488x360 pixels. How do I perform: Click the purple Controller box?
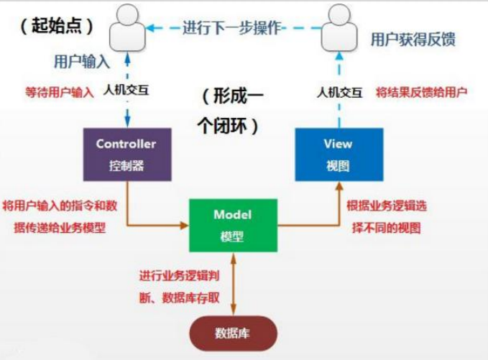click(x=126, y=154)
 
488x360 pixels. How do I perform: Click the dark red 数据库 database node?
click(x=232, y=333)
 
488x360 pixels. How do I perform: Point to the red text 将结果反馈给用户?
click(x=422, y=92)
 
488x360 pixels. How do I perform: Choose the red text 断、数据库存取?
click(x=183, y=295)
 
